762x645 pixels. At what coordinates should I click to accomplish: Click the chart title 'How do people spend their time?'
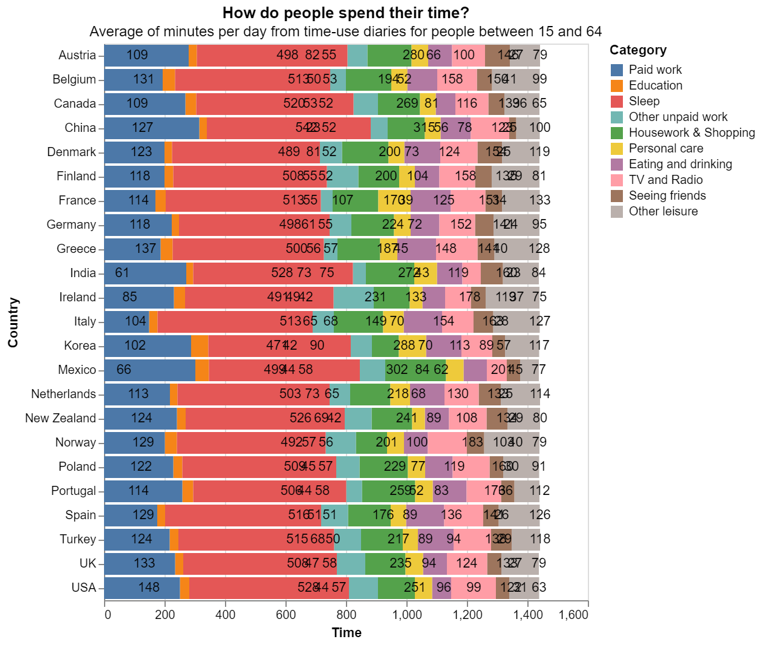[x=345, y=13]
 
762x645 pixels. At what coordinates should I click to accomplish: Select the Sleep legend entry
[x=644, y=101]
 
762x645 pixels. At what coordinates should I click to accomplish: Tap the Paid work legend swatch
[x=617, y=70]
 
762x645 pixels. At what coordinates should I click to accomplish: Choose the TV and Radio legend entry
[x=665, y=180]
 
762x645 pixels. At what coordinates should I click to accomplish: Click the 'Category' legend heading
[x=638, y=50]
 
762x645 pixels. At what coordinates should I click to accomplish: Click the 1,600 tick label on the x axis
[x=573, y=615]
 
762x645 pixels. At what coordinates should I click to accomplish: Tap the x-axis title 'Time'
[x=347, y=633]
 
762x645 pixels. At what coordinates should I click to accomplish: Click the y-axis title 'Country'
[x=13, y=322]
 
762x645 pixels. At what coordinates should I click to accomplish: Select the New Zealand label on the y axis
[x=60, y=418]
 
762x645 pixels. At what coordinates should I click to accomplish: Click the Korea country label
[x=80, y=345]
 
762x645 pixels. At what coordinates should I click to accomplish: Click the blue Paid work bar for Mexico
[x=150, y=370]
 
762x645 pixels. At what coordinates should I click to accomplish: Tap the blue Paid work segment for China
[x=152, y=128]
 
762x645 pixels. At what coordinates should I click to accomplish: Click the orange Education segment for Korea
[x=200, y=345]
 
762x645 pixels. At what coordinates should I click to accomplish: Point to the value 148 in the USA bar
[x=149, y=588]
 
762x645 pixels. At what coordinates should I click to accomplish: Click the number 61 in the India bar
[x=122, y=273]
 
